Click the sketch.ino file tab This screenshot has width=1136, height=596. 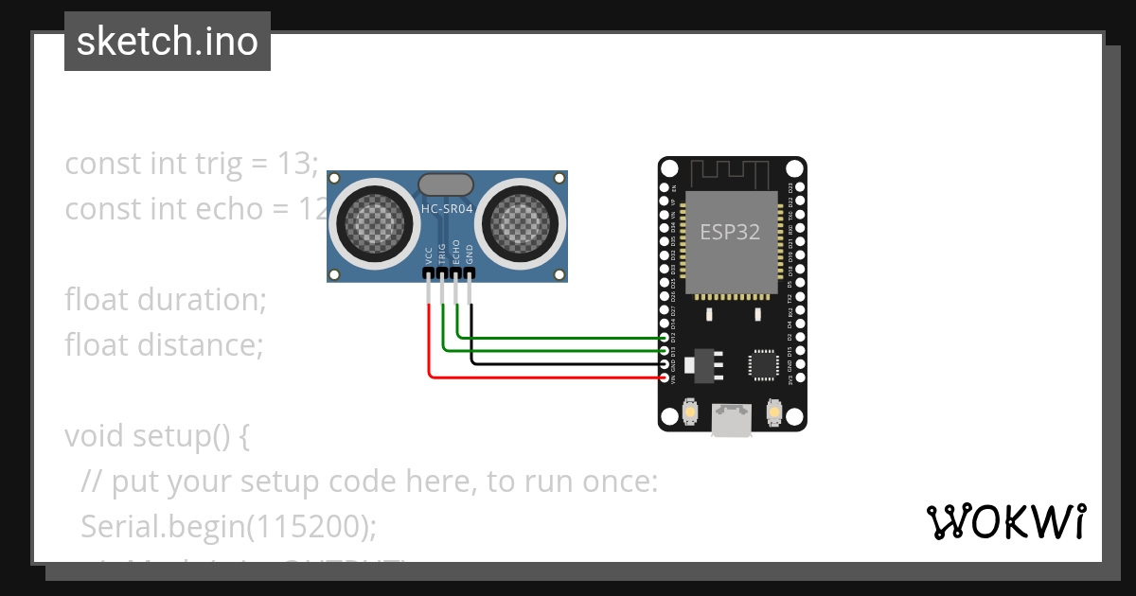[167, 42]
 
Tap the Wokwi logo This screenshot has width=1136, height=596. [1005, 521]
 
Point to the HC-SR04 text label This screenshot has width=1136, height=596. [447, 209]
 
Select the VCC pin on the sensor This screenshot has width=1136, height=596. [429, 274]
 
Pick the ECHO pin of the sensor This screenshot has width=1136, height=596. [457, 274]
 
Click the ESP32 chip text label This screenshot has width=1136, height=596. [730, 232]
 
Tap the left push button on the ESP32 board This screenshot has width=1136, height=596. [690, 414]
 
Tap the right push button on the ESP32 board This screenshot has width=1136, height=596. [773, 414]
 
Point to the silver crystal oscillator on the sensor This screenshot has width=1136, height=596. [446, 184]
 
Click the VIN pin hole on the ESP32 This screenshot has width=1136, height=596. [664, 377]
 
